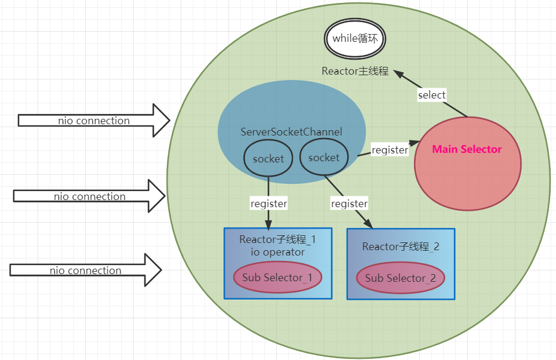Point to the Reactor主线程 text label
[x=355, y=71]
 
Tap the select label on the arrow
[x=431, y=95]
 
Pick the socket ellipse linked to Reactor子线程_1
[x=268, y=159]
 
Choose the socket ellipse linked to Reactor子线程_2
[x=324, y=158]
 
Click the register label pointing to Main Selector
[x=390, y=150]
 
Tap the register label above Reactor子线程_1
[x=268, y=204]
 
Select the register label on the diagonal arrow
[x=349, y=204]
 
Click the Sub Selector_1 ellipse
[x=277, y=277]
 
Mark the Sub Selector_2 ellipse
[x=400, y=278]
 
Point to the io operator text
[x=277, y=252]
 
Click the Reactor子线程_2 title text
[x=400, y=247]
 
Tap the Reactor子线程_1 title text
[x=277, y=240]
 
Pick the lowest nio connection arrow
[x=85, y=270]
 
